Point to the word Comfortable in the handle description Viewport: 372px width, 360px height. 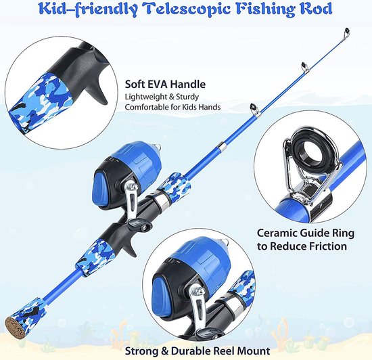[x=147, y=107]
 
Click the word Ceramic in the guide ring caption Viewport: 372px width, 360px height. [x=277, y=233]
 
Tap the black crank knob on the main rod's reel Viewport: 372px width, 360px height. [x=139, y=224]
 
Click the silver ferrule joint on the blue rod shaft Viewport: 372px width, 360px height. [x=221, y=146]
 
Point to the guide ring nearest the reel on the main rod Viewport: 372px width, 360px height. [x=254, y=110]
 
